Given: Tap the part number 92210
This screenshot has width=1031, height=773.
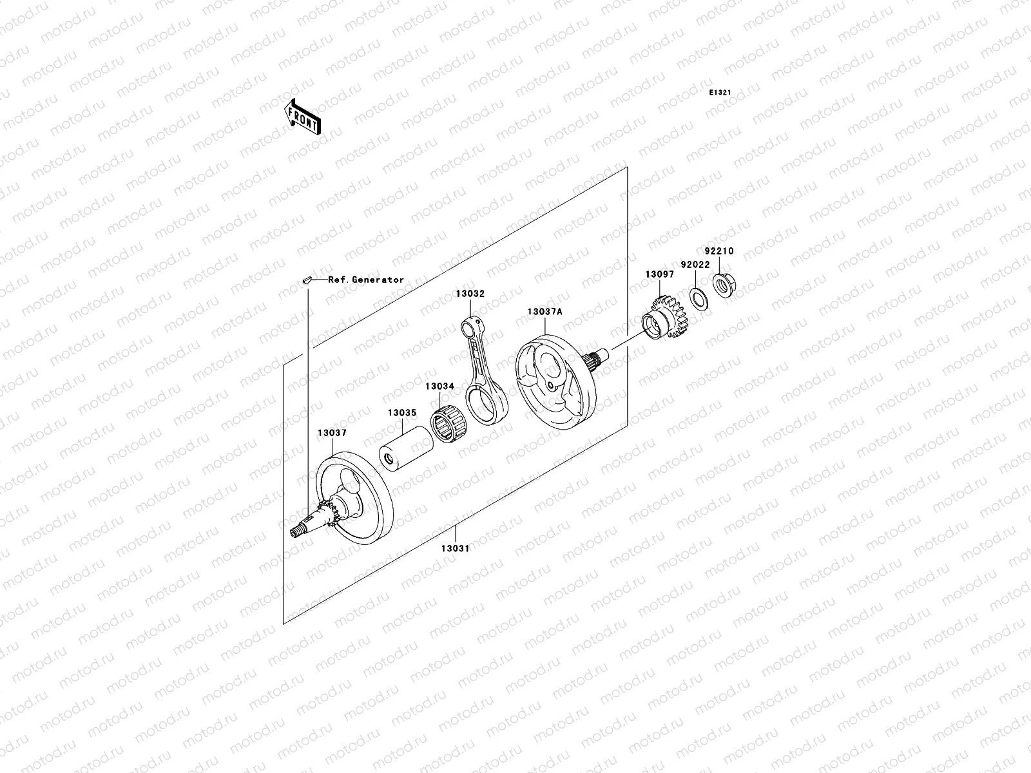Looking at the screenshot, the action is (x=718, y=251).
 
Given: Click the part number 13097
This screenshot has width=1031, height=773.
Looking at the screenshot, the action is (x=660, y=274).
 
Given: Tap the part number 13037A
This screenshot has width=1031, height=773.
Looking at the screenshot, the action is (x=545, y=312).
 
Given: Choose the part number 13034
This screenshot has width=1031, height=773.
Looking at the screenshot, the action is (x=439, y=386).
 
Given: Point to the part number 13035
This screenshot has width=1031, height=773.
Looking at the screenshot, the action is (x=402, y=413).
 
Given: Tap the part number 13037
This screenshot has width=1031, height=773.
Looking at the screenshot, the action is (x=332, y=434).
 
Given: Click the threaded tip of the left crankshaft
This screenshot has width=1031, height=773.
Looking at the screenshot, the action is (x=298, y=530).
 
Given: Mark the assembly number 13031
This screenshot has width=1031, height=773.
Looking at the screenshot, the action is (x=455, y=549).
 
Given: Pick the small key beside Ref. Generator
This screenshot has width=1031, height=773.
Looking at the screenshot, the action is (x=308, y=280).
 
